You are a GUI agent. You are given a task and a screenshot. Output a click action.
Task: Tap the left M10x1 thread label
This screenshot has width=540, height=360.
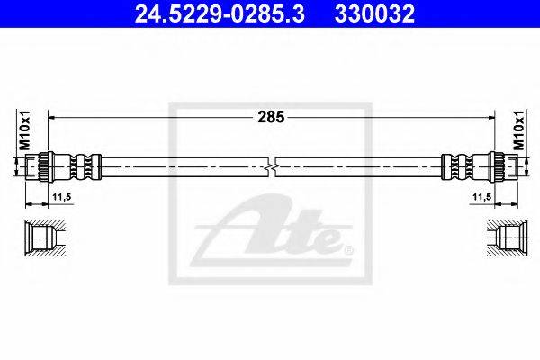coord(25,130)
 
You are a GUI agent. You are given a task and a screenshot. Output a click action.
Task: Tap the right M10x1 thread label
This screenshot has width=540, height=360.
coord(517,130)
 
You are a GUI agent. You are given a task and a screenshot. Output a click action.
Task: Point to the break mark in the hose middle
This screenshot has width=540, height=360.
coord(272,167)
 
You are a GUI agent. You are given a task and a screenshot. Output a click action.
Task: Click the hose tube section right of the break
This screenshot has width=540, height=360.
coord(360,167)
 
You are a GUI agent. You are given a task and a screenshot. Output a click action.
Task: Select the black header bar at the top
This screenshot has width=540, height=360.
coord(270,14)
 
